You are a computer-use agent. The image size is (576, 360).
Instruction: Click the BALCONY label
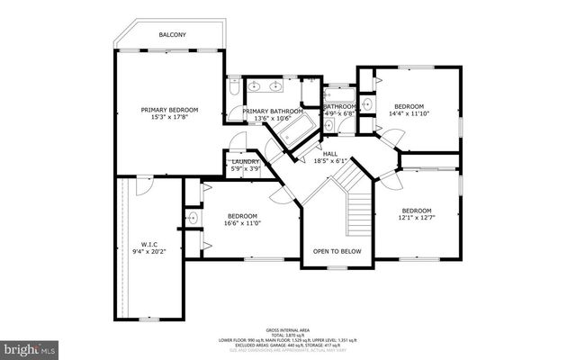coord(173,35)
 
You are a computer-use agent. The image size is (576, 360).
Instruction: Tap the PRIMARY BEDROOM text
coord(169,110)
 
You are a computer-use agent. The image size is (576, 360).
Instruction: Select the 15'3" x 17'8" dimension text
coord(169,118)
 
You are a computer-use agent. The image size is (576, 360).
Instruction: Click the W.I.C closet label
coord(149,243)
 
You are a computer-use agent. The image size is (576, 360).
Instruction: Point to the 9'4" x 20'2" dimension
coord(149,251)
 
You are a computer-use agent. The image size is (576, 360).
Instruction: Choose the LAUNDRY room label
coord(246,161)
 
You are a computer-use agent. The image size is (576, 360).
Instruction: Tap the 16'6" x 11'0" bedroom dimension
coord(243,223)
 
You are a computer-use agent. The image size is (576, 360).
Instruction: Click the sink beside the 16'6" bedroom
coord(193,219)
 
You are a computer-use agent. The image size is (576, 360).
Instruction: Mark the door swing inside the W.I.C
coord(137,185)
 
